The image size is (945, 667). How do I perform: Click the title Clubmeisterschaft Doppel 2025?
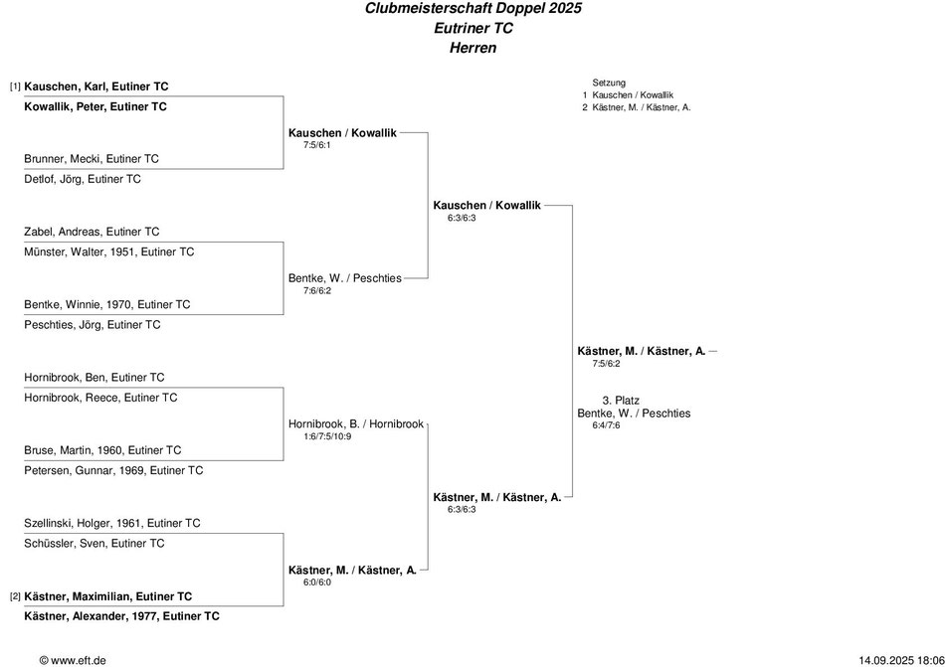point(473,8)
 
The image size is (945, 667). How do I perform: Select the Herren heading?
point(473,48)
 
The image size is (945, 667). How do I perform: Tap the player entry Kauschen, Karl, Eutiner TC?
point(96,86)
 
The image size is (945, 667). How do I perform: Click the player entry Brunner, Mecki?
point(92,159)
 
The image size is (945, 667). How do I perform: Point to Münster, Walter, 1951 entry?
point(109,251)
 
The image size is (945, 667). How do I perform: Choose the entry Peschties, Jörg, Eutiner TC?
point(93,325)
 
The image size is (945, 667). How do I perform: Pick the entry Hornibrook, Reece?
point(100,398)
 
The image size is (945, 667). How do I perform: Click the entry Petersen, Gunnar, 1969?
point(113,471)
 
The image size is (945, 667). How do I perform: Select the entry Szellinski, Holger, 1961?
point(112,523)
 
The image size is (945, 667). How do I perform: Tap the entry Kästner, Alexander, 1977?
point(121,616)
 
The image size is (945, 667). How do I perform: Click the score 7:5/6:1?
point(317,145)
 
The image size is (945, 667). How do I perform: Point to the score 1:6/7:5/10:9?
point(327,436)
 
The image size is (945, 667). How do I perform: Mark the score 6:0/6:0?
point(317,583)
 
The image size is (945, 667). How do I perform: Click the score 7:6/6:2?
point(317,291)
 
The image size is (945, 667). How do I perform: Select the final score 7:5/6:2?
point(606,364)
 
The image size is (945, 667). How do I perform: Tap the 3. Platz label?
point(621,401)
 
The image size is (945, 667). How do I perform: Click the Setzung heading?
point(609,83)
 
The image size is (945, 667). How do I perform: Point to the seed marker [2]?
point(15,596)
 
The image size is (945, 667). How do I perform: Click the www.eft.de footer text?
point(73,660)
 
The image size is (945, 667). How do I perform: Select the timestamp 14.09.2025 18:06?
point(901,660)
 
